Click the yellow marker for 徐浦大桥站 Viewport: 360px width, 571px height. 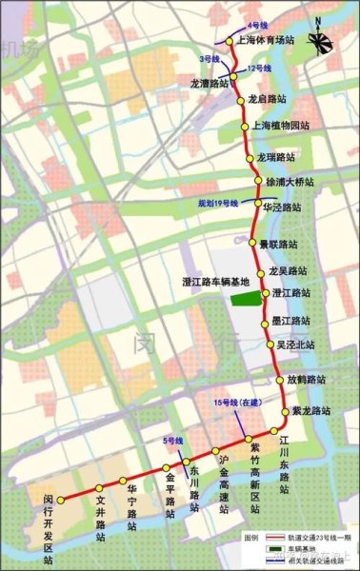coord(257,181)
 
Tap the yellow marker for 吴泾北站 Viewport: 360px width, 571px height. coord(270,344)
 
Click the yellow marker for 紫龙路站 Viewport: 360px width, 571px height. coord(285,411)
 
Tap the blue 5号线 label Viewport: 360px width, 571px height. coord(172,441)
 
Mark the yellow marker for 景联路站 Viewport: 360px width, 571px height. coord(253,244)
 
